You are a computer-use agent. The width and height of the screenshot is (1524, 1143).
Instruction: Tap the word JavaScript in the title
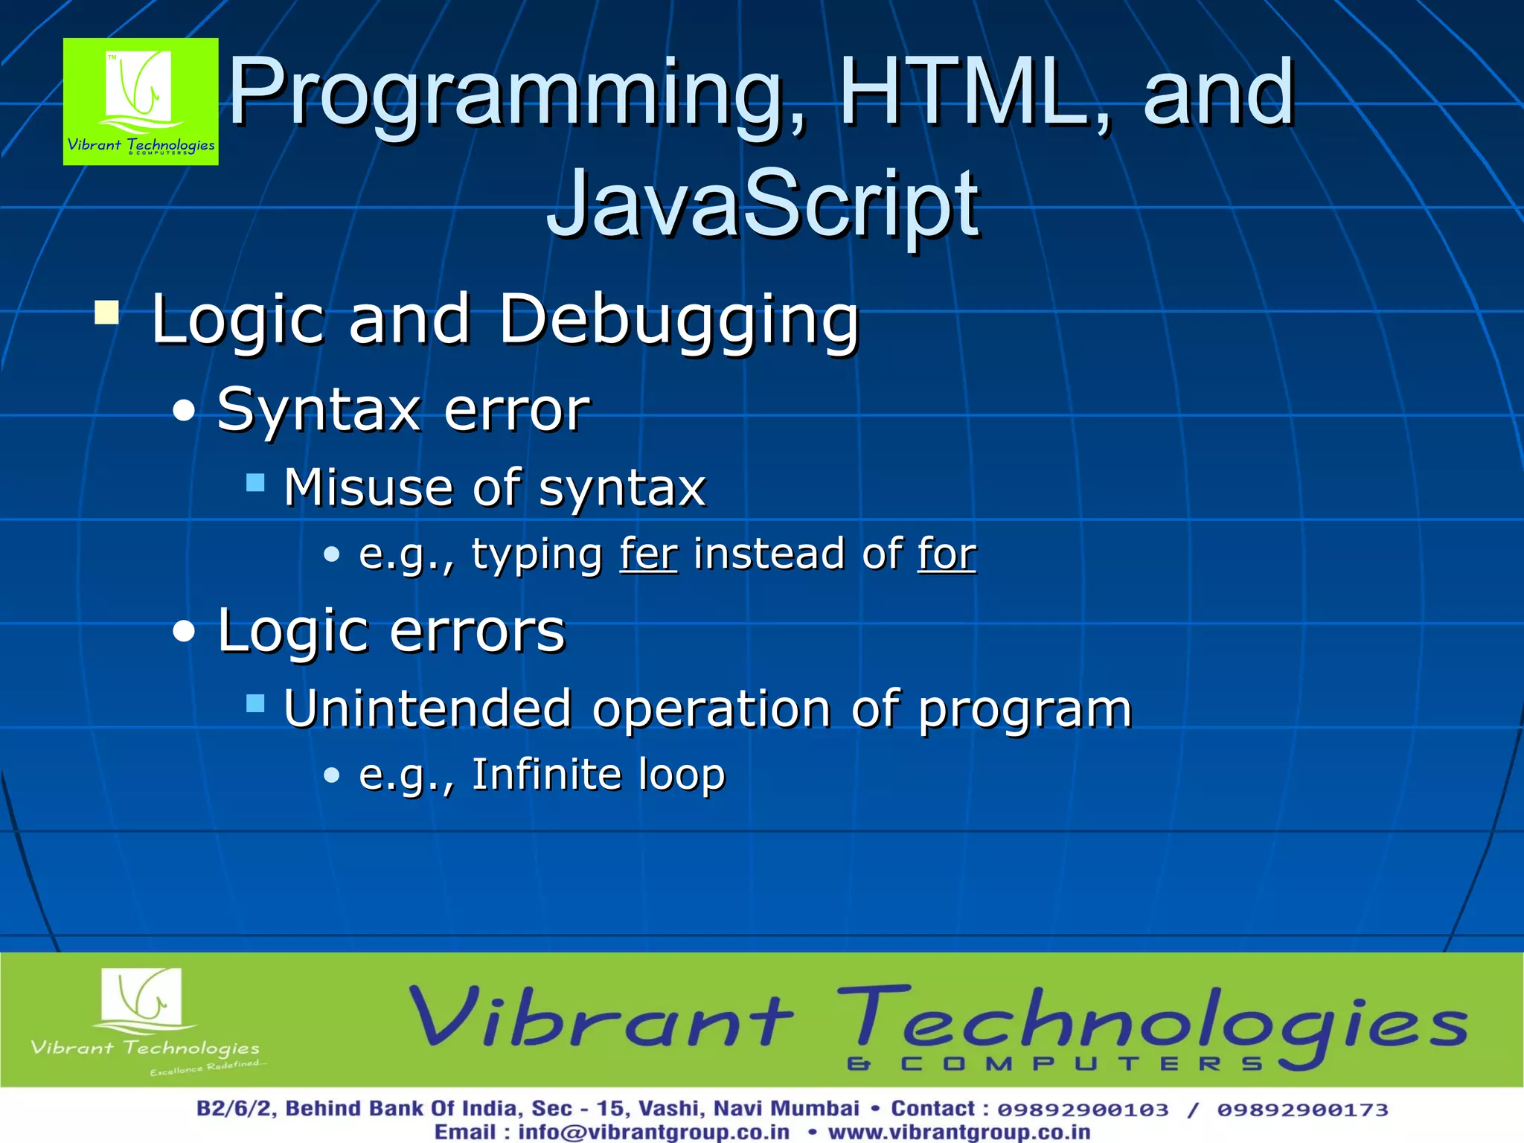click(762, 204)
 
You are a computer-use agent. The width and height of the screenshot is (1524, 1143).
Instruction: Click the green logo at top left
click(141, 101)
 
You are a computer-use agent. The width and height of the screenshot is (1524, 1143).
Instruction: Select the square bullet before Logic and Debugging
click(107, 313)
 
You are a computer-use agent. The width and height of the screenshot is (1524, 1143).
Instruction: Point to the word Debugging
click(679, 320)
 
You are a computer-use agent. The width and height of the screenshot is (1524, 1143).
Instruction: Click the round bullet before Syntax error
click(184, 411)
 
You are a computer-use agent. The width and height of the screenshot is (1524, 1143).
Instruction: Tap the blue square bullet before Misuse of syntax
click(255, 484)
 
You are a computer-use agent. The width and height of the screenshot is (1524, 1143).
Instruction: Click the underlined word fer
click(649, 554)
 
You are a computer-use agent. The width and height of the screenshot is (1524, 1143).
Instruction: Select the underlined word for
click(947, 554)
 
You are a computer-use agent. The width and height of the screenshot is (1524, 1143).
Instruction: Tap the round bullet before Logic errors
click(184, 632)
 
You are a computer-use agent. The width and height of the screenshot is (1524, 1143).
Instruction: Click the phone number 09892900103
click(1083, 1110)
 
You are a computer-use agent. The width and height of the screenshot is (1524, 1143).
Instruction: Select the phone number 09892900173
click(1302, 1110)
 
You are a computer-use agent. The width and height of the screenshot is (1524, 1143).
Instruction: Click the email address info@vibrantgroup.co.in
click(653, 1133)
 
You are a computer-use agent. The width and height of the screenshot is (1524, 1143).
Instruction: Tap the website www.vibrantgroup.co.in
click(958, 1133)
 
